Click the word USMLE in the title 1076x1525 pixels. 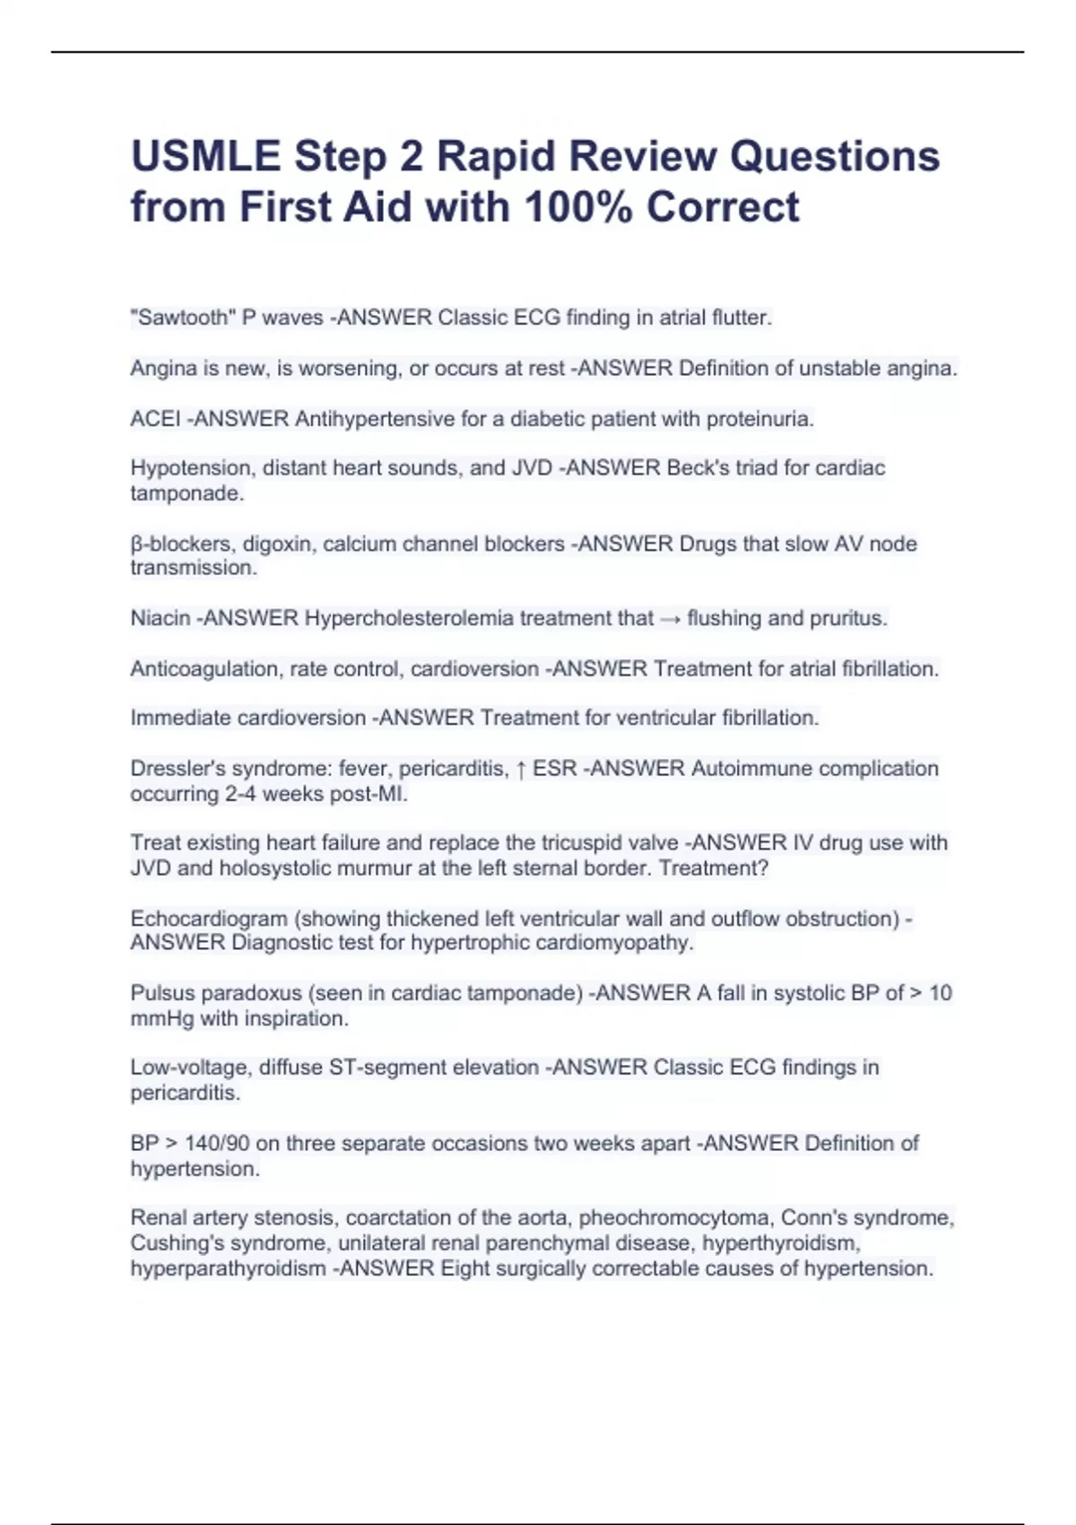tap(205, 156)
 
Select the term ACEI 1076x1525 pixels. tap(155, 419)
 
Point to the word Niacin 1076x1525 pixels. tap(161, 618)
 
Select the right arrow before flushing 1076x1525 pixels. tap(670, 619)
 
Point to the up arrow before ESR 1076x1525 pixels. tap(521, 769)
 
